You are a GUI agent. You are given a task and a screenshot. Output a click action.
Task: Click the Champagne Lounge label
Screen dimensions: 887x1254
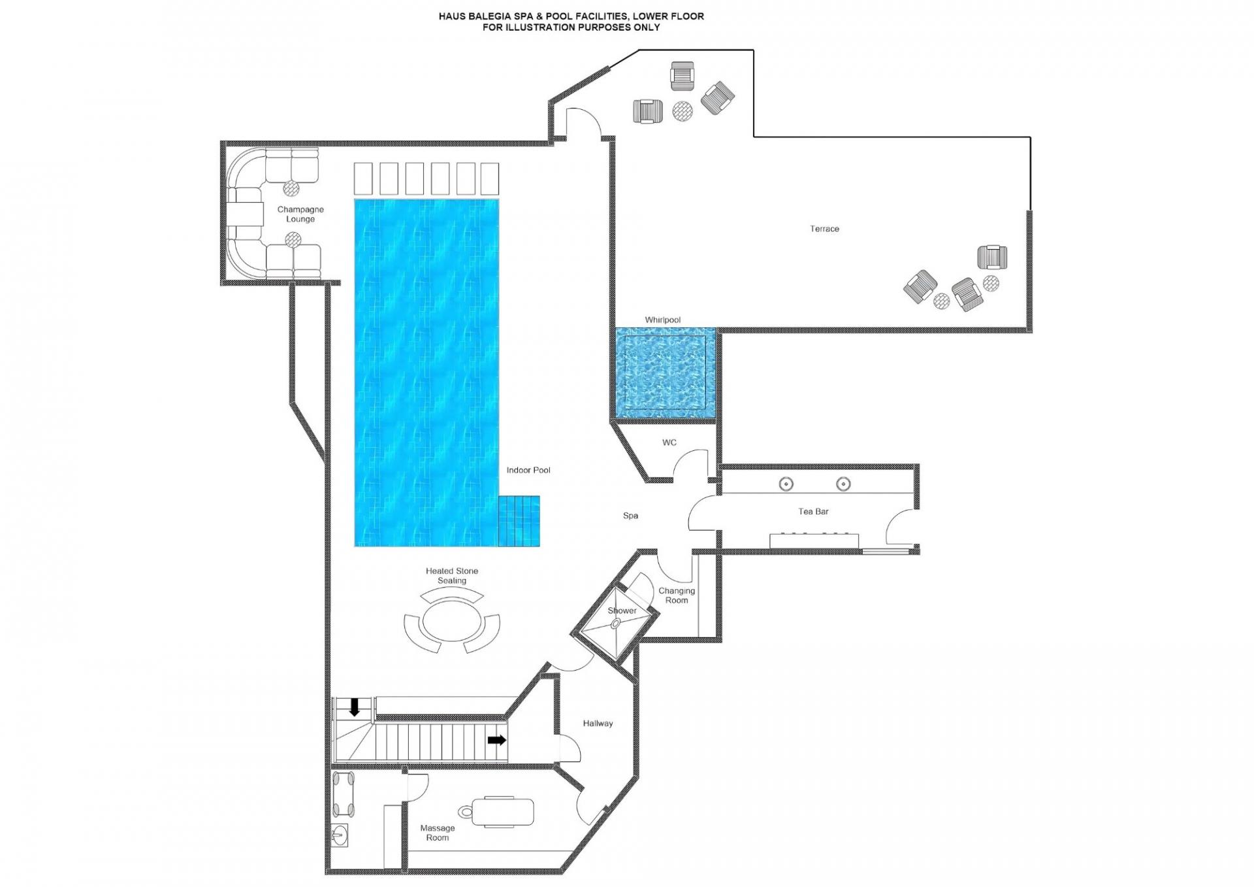(x=300, y=214)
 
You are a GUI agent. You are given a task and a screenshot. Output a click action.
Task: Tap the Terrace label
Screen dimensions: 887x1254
(x=824, y=229)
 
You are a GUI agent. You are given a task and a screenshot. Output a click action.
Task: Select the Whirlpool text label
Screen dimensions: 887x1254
(x=662, y=320)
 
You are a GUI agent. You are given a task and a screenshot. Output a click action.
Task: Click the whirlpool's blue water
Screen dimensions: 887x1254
(x=664, y=373)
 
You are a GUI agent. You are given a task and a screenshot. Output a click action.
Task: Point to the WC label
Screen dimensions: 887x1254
(x=669, y=443)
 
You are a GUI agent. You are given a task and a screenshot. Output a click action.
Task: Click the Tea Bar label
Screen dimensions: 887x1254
(x=813, y=511)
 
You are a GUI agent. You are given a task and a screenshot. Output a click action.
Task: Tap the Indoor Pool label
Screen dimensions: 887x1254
(x=528, y=470)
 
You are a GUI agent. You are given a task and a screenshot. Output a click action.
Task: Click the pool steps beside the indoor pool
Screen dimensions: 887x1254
(x=519, y=521)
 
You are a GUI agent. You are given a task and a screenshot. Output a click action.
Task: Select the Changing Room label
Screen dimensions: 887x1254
(x=677, y=595)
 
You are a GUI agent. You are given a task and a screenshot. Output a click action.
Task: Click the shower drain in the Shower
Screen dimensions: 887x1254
(x=615, y=624)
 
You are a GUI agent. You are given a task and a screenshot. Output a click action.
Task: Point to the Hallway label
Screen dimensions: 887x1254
(x=598, y=723)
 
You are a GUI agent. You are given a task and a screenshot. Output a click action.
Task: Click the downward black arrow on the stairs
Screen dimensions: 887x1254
(x=355, y=707)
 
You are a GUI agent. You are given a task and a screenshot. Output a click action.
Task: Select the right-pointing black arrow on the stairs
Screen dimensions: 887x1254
(x=497, y=740)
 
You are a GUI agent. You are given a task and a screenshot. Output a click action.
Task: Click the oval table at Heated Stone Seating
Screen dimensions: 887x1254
(x=452, y=625)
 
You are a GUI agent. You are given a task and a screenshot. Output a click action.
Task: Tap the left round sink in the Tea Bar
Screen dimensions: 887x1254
(x=786, y=484)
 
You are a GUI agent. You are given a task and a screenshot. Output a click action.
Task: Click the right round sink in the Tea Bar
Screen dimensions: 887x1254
(x=843, y=484)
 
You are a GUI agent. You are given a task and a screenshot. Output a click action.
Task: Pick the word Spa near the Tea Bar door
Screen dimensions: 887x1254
(x=630, y=516)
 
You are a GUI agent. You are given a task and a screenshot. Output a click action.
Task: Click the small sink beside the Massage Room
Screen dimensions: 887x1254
(x=338, y=834)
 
